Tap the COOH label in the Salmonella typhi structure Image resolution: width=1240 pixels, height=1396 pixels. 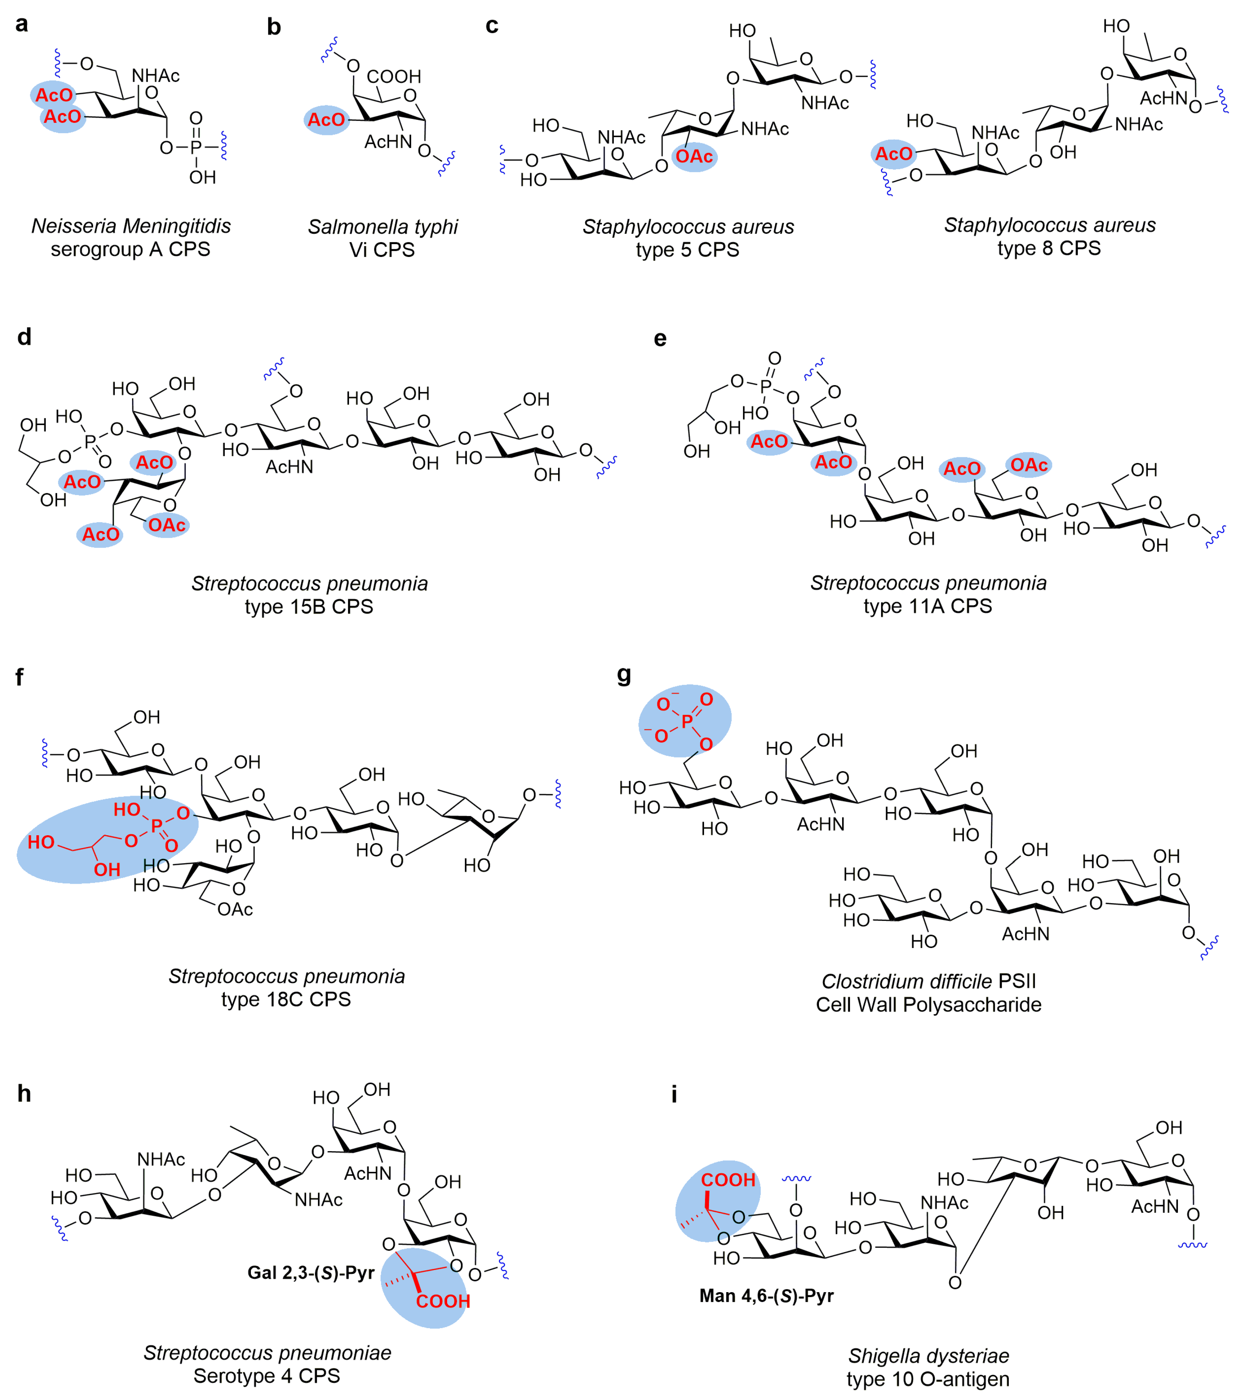(x=394, y=76)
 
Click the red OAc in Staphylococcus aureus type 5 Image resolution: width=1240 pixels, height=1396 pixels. (x=694, y=157)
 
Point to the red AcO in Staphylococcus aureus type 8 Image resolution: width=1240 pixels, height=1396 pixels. (x=894, y=154)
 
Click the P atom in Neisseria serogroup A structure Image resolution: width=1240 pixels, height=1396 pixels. (x=196, y=147)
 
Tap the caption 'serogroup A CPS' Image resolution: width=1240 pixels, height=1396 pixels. (x=130, y=249)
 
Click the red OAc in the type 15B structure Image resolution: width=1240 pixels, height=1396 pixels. (x=167, y=525)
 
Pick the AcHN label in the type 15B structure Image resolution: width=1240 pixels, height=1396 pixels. (x=289, y=467)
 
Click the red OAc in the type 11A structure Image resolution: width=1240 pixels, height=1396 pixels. (x=1029, y=466)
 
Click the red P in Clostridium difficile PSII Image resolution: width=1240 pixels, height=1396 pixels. (x=687, y=721)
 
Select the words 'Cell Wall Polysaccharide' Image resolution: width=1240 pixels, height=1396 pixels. (x=928, y=1005)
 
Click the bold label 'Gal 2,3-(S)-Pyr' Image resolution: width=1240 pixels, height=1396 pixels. (x=311, y=1273)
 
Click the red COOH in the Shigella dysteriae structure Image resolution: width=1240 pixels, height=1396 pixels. (x=728, y=1180)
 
